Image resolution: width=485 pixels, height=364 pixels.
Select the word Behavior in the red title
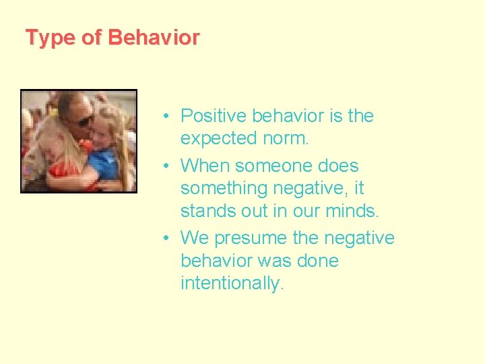tap(153, 38)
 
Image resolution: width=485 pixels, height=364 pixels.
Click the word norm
tap(289, 139)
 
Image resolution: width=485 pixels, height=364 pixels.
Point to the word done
tap(316, 261)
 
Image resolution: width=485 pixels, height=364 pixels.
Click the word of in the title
tap(91, 38)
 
